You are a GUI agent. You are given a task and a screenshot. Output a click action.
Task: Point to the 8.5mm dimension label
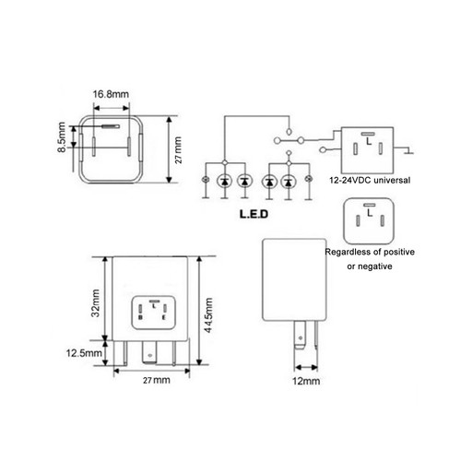(x=62, y=140)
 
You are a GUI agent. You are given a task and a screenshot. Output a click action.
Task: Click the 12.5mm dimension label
(x=84, y=351)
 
